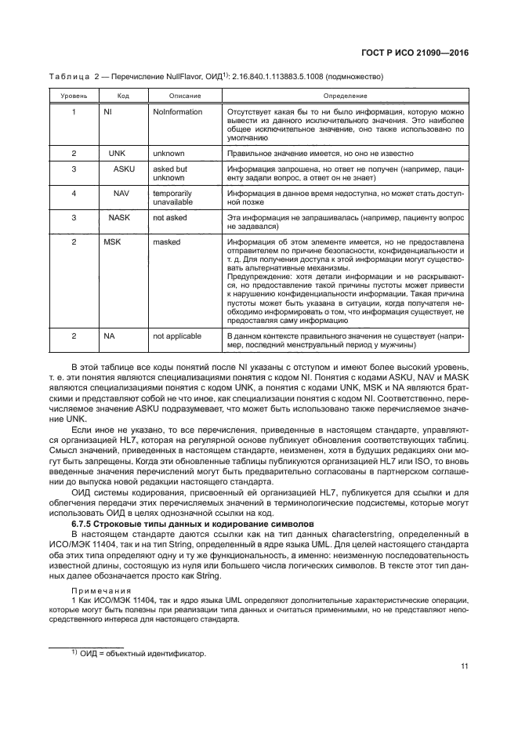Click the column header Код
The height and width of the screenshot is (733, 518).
click(123, 96)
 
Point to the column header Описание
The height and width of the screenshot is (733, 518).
click(184, 96)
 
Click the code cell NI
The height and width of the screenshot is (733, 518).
click(109, 112)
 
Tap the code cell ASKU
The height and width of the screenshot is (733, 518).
click(124, 169)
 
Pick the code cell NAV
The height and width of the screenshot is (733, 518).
click(121, 192)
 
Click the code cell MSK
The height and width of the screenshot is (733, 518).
click(112, 243)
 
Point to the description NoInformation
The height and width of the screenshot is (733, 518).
click(178, 112)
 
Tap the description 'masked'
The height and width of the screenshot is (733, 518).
click(167, 243)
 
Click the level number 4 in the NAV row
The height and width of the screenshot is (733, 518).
click(74, 192)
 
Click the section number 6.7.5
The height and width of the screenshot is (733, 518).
click(107, 501)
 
